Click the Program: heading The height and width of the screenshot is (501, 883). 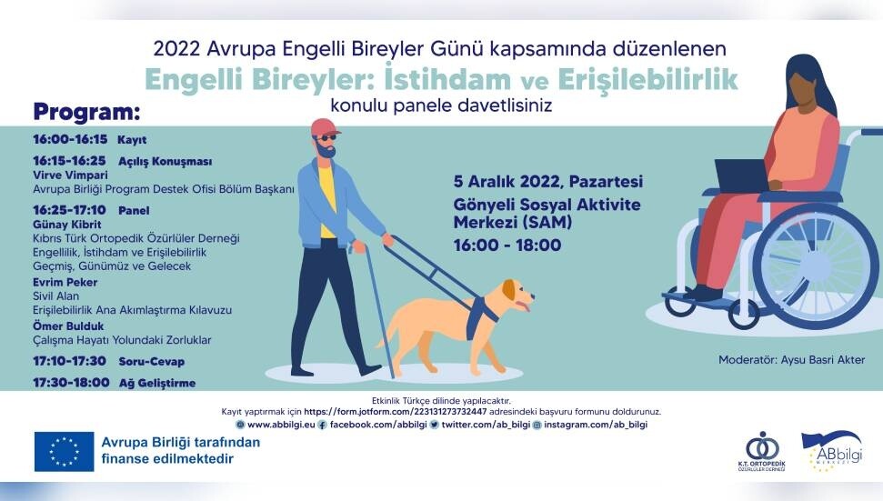point(86,112)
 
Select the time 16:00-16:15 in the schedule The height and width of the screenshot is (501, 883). point(70,139)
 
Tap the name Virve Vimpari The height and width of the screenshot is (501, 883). point(70,175)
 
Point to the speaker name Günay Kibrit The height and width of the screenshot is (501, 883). point(67,224)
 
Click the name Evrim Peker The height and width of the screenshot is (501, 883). point(65,282)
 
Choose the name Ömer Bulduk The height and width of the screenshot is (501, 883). point(68,326)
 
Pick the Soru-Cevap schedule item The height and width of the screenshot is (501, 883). point(152,361)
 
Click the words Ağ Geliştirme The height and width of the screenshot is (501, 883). point(157,383)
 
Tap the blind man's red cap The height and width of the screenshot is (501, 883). point(325,127)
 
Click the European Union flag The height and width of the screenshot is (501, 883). point(65,452)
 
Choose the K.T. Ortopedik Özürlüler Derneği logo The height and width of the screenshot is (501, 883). point(761,451)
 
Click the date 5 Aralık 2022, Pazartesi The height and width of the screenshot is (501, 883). point(548,182)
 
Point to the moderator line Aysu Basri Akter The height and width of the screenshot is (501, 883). point(791,360)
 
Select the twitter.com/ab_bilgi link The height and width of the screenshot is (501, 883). point(486,425)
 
